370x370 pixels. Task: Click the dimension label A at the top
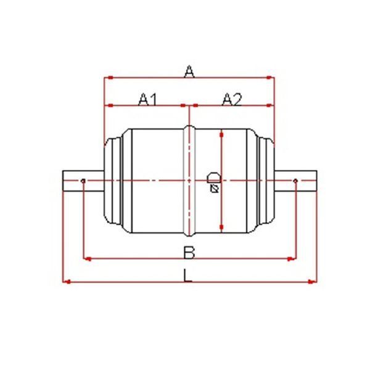pos(189,71)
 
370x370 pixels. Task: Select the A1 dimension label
pos(148,99)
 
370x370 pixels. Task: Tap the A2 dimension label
pos(232,99)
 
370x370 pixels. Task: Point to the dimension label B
pos(189,252)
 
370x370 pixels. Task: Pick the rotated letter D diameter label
pos(213,178)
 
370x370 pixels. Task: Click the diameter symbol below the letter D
pos(214,189)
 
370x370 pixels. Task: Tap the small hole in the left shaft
pos(83,181)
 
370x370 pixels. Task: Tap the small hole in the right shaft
pos(295,181)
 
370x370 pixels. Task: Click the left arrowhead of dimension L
pos(67,282)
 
